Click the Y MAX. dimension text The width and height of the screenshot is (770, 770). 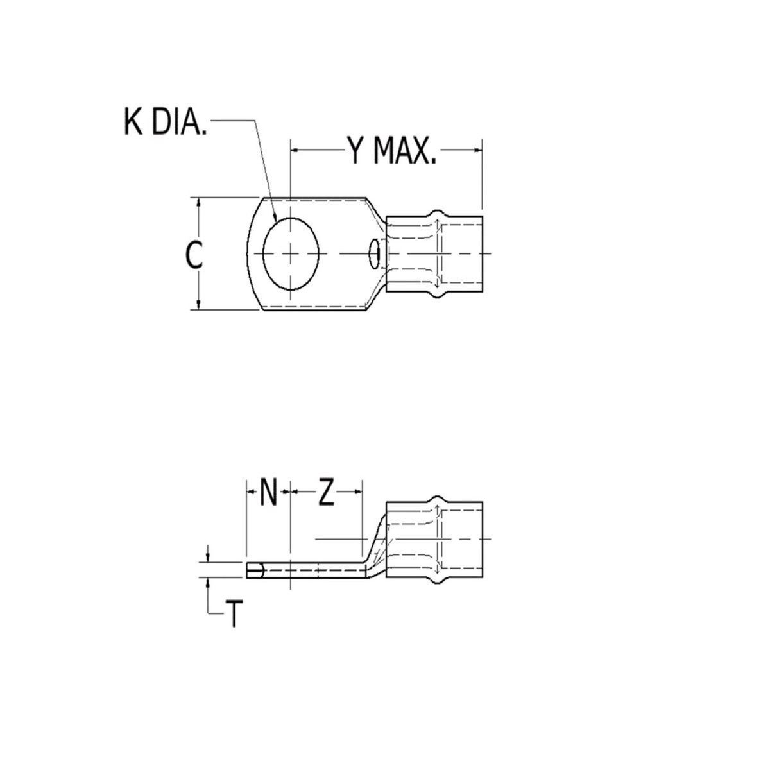point(391,151)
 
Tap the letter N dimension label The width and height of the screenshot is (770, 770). point(268,493)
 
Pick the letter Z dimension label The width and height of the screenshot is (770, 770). point(327,493)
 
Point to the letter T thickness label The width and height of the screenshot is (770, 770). point(234,615)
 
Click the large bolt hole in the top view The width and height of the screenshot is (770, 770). point(291,254)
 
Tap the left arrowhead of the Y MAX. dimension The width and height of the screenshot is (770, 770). point(296,151)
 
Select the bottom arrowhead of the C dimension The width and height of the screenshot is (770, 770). point(200,305)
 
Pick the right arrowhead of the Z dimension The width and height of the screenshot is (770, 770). point(359,493)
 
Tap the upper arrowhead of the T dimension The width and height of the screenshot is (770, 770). point(209,556)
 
